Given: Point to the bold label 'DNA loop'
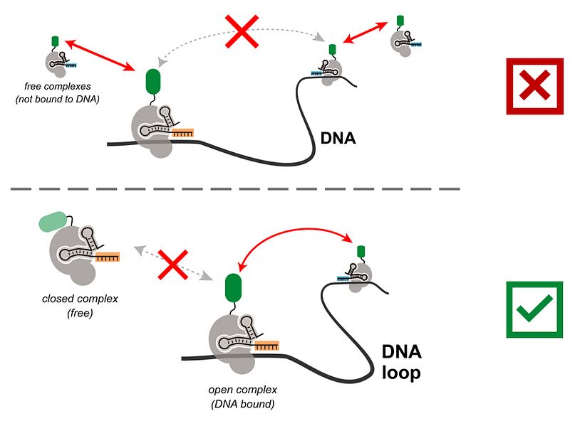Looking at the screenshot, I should (x=402, y=362).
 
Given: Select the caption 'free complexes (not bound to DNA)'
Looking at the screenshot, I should (x=57, y=92).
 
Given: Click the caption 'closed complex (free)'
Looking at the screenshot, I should (x=79, y=305).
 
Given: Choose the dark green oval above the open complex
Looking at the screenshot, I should (x=233, y=288).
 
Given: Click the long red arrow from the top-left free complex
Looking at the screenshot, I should (x=103, y=55).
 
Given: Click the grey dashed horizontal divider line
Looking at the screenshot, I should (x=235, y=189).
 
